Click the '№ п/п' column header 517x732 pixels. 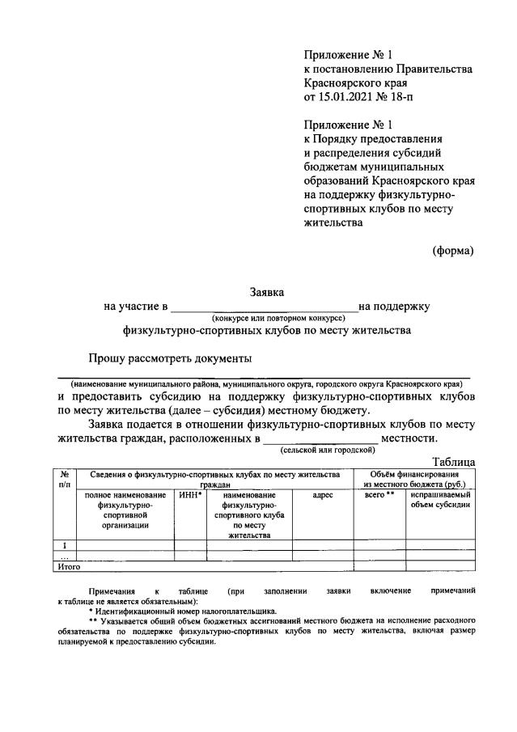coord(64,479)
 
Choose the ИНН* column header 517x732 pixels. coord(189,494)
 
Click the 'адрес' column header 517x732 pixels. coord(322,494)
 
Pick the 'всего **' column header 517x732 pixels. coord(379,494)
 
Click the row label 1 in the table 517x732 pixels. coord(64,544)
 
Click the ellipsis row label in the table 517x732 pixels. coord(64,556)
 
